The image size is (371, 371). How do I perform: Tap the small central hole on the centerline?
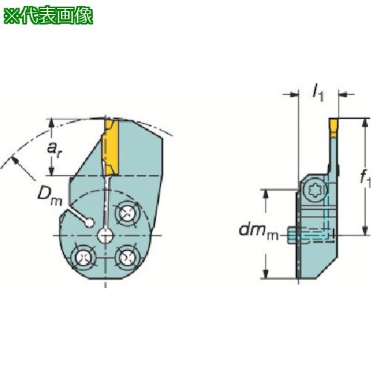click(x=105, y=236)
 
